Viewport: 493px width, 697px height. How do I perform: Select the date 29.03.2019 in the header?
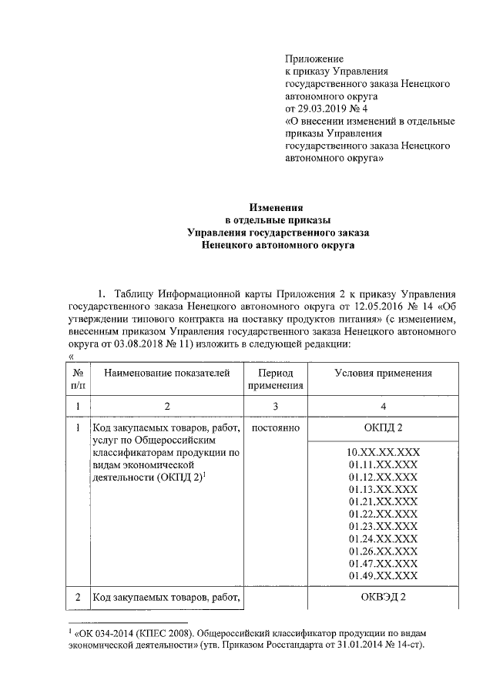tap(324, 108)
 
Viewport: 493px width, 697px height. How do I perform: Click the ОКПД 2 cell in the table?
tap(383, 427)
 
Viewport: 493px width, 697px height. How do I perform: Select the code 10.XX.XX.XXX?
tap(383, 452)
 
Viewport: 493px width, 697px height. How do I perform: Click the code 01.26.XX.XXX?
tap(383, 551)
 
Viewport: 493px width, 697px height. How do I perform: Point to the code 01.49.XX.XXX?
tap(383, 575)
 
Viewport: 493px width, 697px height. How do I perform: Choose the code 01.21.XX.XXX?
tap(383, 501)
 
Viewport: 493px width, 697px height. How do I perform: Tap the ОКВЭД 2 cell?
tap(383, 597)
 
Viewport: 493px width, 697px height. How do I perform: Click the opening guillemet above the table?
tap(71, 356)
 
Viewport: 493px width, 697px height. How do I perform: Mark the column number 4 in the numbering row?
tap(383, 405)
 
